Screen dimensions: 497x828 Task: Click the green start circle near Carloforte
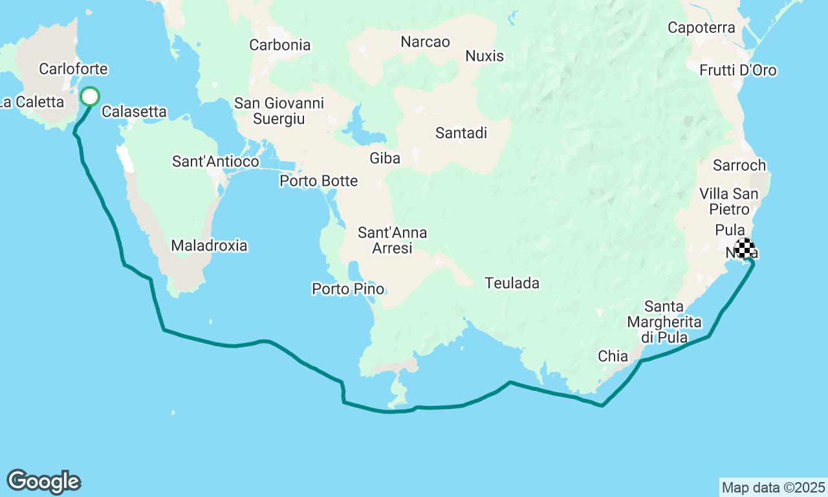[90, 97]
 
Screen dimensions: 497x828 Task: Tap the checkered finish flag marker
[745, 248]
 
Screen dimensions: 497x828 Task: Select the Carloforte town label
[73, 69]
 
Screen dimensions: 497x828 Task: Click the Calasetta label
[134, 111]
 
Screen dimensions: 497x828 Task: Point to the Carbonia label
[280, 45]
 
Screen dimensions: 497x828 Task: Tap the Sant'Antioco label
[215, 162]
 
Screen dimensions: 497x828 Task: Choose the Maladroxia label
[209, 245]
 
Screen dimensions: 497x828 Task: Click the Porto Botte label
[318, 181]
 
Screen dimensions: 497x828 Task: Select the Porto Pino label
[348, 289]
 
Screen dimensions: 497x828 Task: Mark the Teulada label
[512, 283]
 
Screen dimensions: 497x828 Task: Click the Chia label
[613, 356]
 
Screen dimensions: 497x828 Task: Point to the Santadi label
[461, 133]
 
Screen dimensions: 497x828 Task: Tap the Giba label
[385, 158]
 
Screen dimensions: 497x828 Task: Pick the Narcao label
[425, 42]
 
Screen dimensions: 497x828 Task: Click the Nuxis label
[485, 56]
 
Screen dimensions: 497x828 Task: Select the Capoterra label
[701, 28]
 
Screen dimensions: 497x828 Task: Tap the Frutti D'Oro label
[738, 70]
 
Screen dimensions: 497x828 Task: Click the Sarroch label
[739, 166]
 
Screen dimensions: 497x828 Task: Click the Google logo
[43, 482]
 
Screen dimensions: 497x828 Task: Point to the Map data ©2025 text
[773, 487]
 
